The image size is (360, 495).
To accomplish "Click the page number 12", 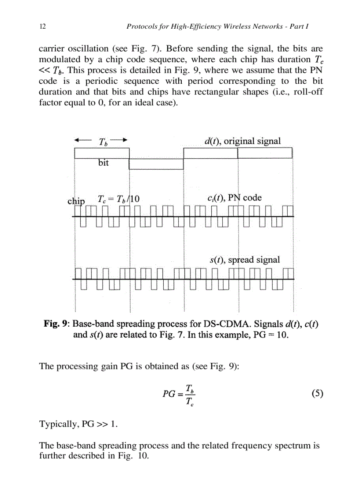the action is pos(43,26).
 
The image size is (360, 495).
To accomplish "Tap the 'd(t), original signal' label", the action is pos(242,141).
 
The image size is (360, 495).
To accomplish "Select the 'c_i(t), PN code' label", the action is pos(234,198).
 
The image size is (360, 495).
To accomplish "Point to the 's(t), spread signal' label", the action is pos(244,260).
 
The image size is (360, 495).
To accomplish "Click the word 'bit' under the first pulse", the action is pos(103,163).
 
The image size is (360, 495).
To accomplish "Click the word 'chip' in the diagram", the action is pos(76,201).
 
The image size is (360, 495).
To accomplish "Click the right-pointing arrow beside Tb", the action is pos(122,140).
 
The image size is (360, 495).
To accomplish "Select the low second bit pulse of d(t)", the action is pos(156,164).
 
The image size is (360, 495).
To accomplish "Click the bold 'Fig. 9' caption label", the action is pos(56,324).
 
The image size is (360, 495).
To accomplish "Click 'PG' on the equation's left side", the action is pos(169,395).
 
